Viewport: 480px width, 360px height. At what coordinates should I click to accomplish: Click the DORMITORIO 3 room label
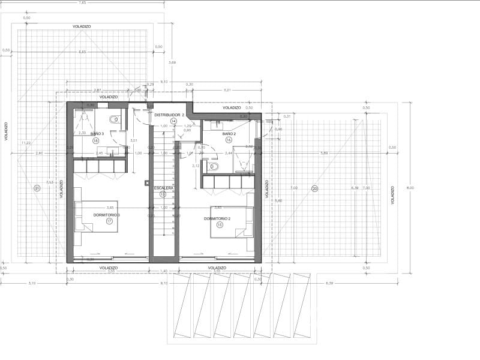[x=107, y=215]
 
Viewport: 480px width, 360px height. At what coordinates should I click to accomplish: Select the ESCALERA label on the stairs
[x=163, y=188]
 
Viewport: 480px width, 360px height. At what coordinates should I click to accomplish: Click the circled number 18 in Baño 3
[x=95, y=140]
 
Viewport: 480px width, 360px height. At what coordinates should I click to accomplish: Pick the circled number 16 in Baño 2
[x=229, y=139]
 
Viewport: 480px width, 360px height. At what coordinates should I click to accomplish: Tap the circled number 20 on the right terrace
[x=314, y=189]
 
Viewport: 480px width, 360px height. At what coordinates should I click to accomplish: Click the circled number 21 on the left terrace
[x=37, y=188]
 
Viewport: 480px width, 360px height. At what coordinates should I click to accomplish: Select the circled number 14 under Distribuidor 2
[x=173, y=121]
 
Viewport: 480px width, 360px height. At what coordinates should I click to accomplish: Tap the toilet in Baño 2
[x=214, y=166]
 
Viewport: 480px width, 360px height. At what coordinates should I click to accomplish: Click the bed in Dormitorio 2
[x=230, y=222]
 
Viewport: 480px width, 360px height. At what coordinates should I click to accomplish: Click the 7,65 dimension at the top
[x=82, y=3]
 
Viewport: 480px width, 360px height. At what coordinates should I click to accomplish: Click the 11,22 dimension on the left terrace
[x=25, y=143]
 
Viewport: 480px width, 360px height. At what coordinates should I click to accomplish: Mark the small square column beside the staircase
[x=146, y=183]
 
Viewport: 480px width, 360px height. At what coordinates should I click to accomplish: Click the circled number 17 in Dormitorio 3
[x=110, y=221]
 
